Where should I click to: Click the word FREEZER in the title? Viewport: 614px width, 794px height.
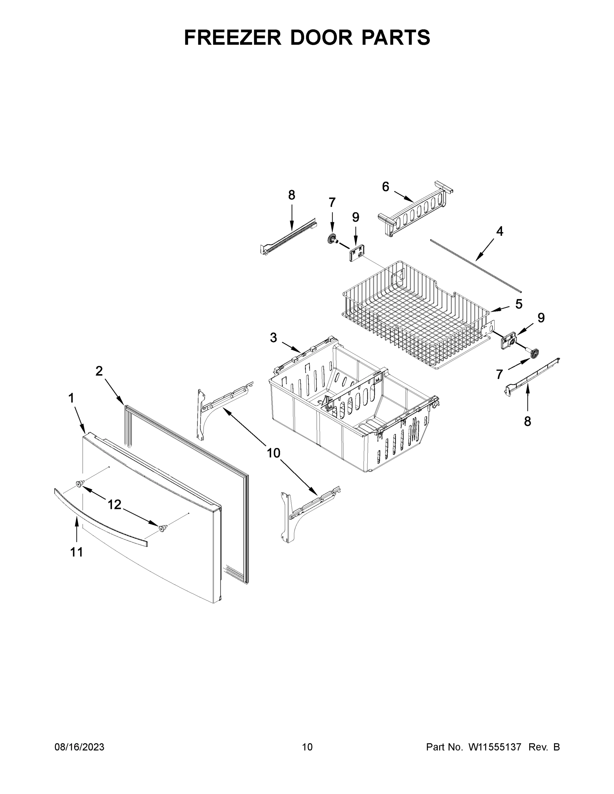(233, 37)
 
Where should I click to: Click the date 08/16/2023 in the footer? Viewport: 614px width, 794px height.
(79, 747)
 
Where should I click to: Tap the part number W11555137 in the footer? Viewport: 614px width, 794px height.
(495, 747)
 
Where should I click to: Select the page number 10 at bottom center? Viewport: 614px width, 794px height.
(307, 747)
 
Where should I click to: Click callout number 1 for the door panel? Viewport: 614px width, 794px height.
(71, 398)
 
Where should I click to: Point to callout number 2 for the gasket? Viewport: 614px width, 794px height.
(99, 371)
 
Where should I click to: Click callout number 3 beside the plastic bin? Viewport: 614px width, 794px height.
(273, 338)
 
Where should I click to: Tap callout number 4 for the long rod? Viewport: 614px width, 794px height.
(499, 231)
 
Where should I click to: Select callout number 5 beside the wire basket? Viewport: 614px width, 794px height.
(519, 304)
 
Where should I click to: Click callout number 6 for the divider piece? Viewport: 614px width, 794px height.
(386, 187)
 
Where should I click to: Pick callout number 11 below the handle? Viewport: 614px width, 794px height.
(76, 552)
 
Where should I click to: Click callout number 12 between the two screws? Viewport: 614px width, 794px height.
(114, 504)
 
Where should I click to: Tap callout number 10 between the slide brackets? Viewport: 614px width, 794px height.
(273, 453)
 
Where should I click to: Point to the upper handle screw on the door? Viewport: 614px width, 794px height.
(79, 483)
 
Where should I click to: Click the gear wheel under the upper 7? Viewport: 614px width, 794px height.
(331, 239)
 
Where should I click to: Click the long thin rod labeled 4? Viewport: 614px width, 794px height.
(477, 266)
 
